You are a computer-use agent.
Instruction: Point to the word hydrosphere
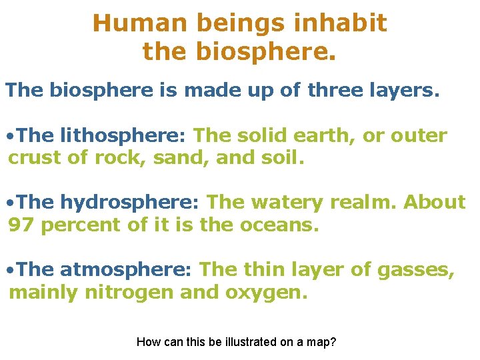(x=130, y=202)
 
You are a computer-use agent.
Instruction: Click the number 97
(x=21, y=225)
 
